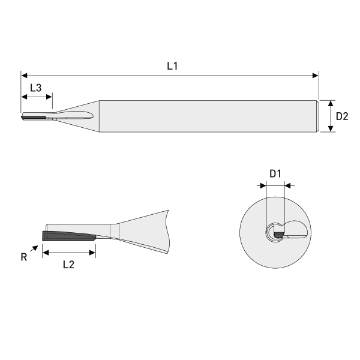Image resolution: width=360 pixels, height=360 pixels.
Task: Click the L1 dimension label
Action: point(172,66)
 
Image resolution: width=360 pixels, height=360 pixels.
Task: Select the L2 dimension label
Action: point(68,265)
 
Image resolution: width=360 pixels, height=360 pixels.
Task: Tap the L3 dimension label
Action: point(36,88)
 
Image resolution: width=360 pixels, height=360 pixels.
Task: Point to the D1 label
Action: point(275,174)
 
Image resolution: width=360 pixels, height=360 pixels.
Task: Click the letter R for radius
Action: point(23,257)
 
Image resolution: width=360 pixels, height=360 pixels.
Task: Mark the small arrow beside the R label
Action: point(32,248)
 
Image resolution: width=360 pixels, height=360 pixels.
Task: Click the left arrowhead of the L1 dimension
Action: point(24,76)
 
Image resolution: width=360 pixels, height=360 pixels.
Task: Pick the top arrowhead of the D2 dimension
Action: point(331,103)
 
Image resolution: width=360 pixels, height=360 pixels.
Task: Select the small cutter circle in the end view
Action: point(275,232)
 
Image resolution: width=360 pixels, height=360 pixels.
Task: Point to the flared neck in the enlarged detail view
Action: point(144,230)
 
